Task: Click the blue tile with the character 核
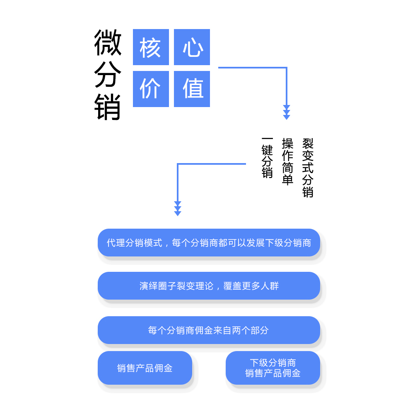[151, 47]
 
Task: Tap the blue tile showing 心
[192, 47]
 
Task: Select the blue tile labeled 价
[151, 89]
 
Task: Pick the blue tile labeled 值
[192, 89]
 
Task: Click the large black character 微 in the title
[108, 42]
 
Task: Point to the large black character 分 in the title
[108, 75]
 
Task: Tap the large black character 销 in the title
[108, 107]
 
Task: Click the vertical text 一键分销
[267, 158]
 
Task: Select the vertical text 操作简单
[288, 162]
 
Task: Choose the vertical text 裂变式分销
[308, 168]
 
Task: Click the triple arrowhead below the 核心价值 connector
[287, 112]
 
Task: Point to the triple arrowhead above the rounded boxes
[178, 209]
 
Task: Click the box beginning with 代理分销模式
[209, 243]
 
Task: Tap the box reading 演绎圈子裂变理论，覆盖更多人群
[209, 286]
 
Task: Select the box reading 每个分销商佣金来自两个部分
[209, 330]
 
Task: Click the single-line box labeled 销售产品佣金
[145, 368]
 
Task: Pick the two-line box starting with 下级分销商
[273, 368]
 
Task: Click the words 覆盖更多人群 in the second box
[251, 286]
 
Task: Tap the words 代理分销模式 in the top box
[135, 243]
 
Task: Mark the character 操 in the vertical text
[288, 144]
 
